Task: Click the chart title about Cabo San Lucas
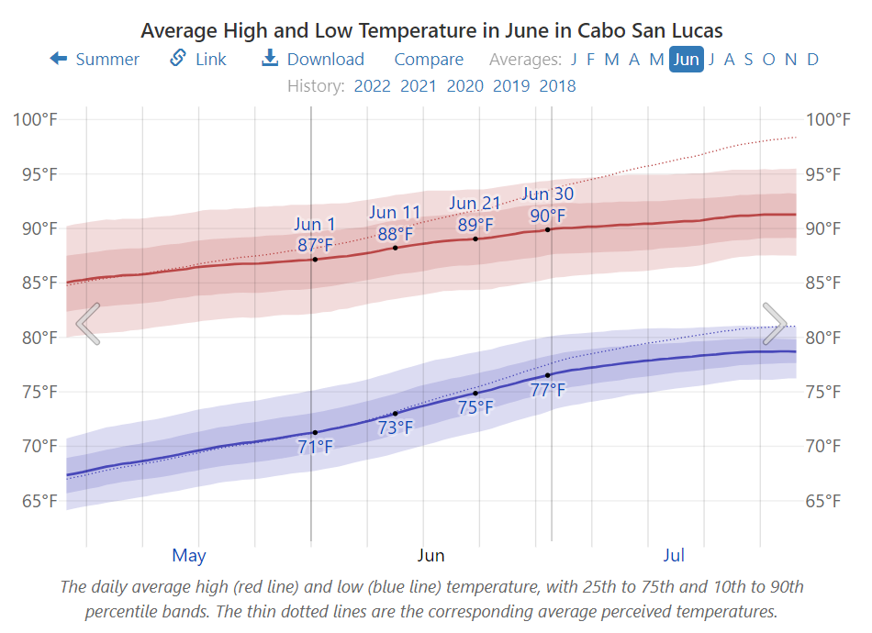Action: (x=431, y=29)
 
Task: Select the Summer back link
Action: (x=95, y=60)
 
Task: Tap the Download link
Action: (x=313, y=60)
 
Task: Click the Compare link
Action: (x=429, y=60)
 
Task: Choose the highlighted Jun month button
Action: (x=687, y=60)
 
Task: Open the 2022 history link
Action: (x=372, y=86)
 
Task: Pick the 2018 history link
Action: (x=558, y=86)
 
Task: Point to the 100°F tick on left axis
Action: (x=35, y=119)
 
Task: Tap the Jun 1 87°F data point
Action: (x=315, y=260)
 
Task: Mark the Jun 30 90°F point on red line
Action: (x=548, y=229)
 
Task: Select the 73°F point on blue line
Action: (x=396, y=414)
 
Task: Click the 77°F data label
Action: (x=548, y=390)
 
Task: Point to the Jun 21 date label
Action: (x=475, y=204)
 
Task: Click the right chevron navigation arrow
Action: (x=775, y=324)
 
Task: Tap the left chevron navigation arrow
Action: (x=88, y=324)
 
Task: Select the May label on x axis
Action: (x=189, y=556)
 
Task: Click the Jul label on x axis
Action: (x=674, y=556)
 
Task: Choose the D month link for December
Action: (x=812, y=60)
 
